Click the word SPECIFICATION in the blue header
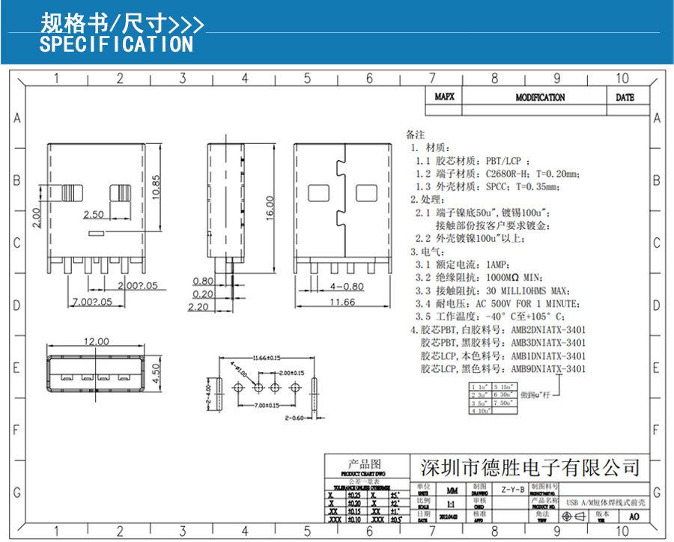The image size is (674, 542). pyautogui.click(x=116, y=44)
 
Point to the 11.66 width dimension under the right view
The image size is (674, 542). pyautogui.click(x=341, y=302)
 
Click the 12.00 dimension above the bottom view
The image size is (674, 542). pyautogui.click(x=96, y=341)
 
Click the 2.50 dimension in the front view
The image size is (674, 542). pyautogui.click(x=94, y=215)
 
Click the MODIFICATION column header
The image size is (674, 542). pyautogui.click(x=540, y=97)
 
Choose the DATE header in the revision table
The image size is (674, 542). pyautogui.click(x=625, y=97)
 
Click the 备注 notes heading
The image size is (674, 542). pyautogui.click(x=414, y=135)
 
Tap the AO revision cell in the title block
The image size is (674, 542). pyautogui.click(x=634, y=517)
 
